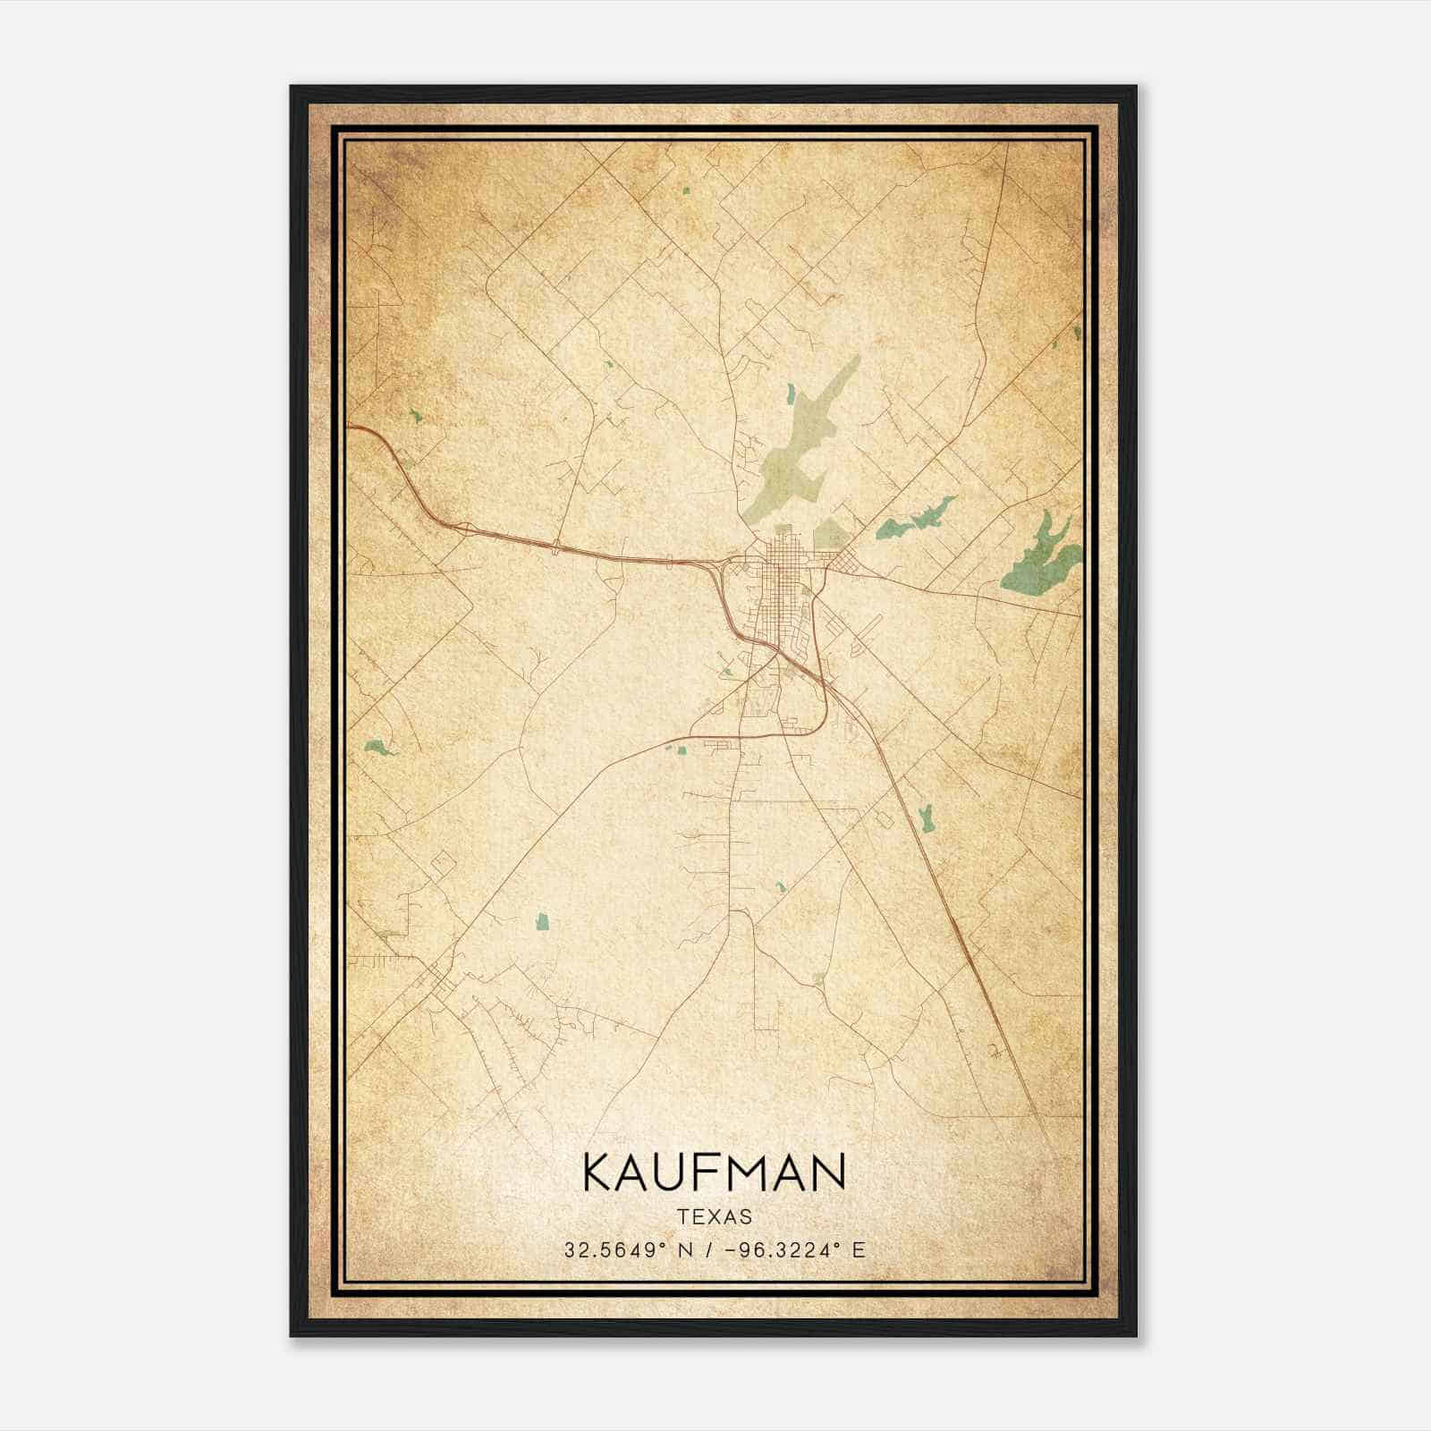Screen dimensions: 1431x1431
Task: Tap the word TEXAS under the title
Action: click(x=715, y=1217)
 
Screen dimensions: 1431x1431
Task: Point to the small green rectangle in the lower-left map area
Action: click(x=542, y=921)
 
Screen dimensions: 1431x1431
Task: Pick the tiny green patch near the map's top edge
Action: click(x=685, y=190)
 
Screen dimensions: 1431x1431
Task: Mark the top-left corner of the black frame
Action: click(x=292, y=87)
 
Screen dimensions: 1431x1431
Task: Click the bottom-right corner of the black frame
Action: click(x=1135, y=1335)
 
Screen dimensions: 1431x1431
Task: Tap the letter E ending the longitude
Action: click(x=859, y=1250)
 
